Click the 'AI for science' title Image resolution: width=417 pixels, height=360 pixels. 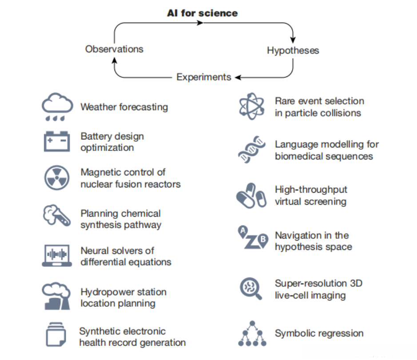[x=203, y=13]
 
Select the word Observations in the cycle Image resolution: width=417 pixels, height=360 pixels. [x=114, y=49]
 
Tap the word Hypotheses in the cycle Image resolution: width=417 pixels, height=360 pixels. [x=293, y=51]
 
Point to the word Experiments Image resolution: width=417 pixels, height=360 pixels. [x=204, y=77]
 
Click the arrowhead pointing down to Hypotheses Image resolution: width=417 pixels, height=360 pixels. [x=293, y=40]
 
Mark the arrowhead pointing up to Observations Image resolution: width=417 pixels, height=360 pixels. [x=115, y=61]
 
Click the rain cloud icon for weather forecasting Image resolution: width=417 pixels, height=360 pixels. [x=57, y=107]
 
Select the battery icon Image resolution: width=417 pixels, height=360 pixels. [x=57, y=141]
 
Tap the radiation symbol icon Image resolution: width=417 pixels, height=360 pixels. [x=57, y=178]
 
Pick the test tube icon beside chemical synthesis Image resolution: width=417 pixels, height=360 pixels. [x=57, y=215]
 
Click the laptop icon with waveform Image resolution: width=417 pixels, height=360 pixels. [x=57, y=256]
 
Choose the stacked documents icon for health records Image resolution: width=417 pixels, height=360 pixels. [x=56, y=334]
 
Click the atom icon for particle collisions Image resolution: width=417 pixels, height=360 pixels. [x=252, y=107]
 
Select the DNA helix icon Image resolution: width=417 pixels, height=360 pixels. [x=252, y=150]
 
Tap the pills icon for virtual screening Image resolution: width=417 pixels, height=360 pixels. [x=251, y=196]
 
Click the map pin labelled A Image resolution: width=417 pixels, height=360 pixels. [x=242, y=231]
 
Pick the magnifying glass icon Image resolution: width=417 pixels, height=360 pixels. [x=251, y=289]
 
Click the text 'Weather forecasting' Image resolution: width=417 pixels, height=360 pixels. [x=124, y=107]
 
